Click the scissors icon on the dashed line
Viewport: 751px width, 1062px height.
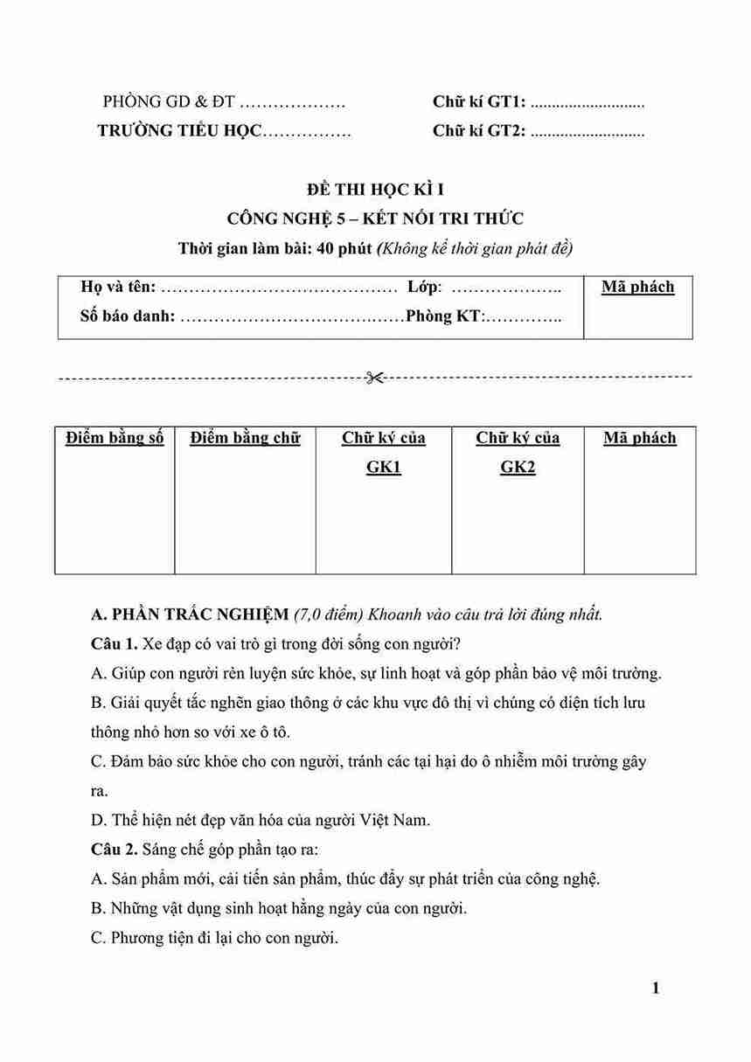(x=375, y=378)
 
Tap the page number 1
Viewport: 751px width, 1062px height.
(x=656, y=989)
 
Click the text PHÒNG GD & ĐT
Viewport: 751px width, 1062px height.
(x=169, y=102)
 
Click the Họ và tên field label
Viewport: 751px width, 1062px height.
(x=118, y=287)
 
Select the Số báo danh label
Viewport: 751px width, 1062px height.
(x=127, y=316)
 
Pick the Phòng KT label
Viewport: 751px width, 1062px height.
(x=444, y=316)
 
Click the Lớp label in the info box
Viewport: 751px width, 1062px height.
(x=425, y=287)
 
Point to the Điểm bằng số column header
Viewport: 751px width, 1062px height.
(x=115, y=438)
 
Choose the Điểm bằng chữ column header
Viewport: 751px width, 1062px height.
(x=245, y=438)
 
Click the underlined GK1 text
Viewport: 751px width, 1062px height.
(x=383, y=467)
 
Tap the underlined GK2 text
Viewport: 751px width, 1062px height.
(x=518, y=467)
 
